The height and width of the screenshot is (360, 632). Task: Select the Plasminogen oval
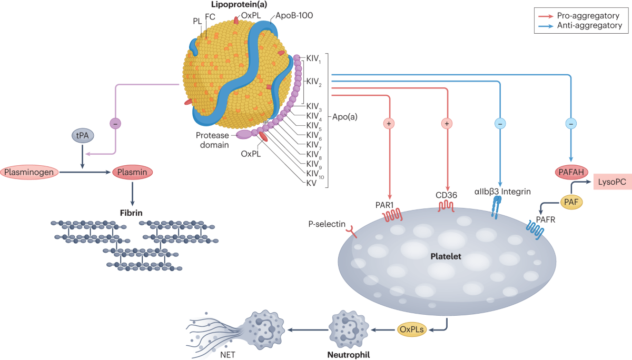point(29,172)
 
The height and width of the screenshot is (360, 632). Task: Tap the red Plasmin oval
point(132,172)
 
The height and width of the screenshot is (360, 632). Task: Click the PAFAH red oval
point(571,172)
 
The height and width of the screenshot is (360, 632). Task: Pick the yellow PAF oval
point(571,201)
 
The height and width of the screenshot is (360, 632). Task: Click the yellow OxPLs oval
point(411,330)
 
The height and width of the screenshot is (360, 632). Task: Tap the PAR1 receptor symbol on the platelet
point(392,216)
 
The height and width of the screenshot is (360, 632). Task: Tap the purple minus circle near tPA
point(115,123)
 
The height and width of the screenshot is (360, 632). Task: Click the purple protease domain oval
point(244,135)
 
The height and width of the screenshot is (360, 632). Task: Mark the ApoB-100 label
point(293,15)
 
